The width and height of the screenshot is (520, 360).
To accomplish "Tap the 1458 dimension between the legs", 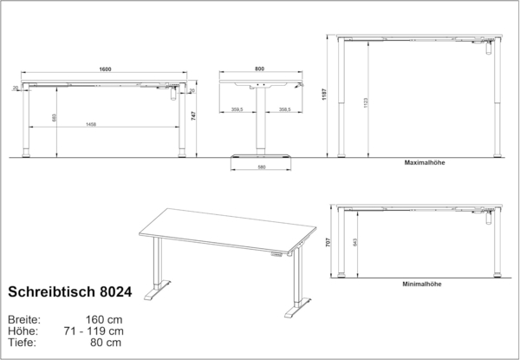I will tap(104, 125).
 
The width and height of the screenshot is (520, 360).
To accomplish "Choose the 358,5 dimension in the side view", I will tap(283, 110).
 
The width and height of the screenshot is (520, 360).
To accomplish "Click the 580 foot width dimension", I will tap(261, 167).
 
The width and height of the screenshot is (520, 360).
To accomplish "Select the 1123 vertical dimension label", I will tap(367, 102).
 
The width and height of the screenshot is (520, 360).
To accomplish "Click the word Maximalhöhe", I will tap(424, 162).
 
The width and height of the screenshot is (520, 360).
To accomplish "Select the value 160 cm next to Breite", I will tap(104, 318).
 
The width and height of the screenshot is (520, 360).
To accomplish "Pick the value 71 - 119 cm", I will tap(94, 330).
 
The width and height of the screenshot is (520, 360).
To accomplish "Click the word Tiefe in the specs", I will tap(23, 342).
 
